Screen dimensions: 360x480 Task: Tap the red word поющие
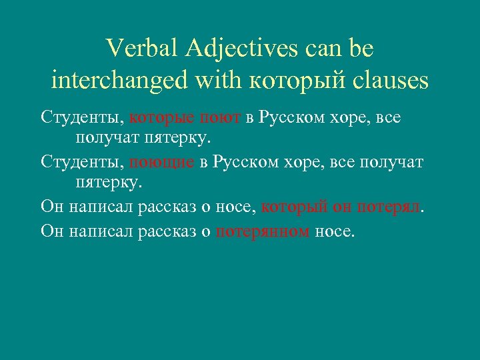click(x=162, y=163)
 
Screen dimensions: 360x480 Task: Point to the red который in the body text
click(x=294, y=207)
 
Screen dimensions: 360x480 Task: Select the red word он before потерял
click(x=342, y=207)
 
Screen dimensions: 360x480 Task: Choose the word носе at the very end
click(x=335, y=231)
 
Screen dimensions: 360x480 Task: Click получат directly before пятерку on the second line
click(x=103, y=139)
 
